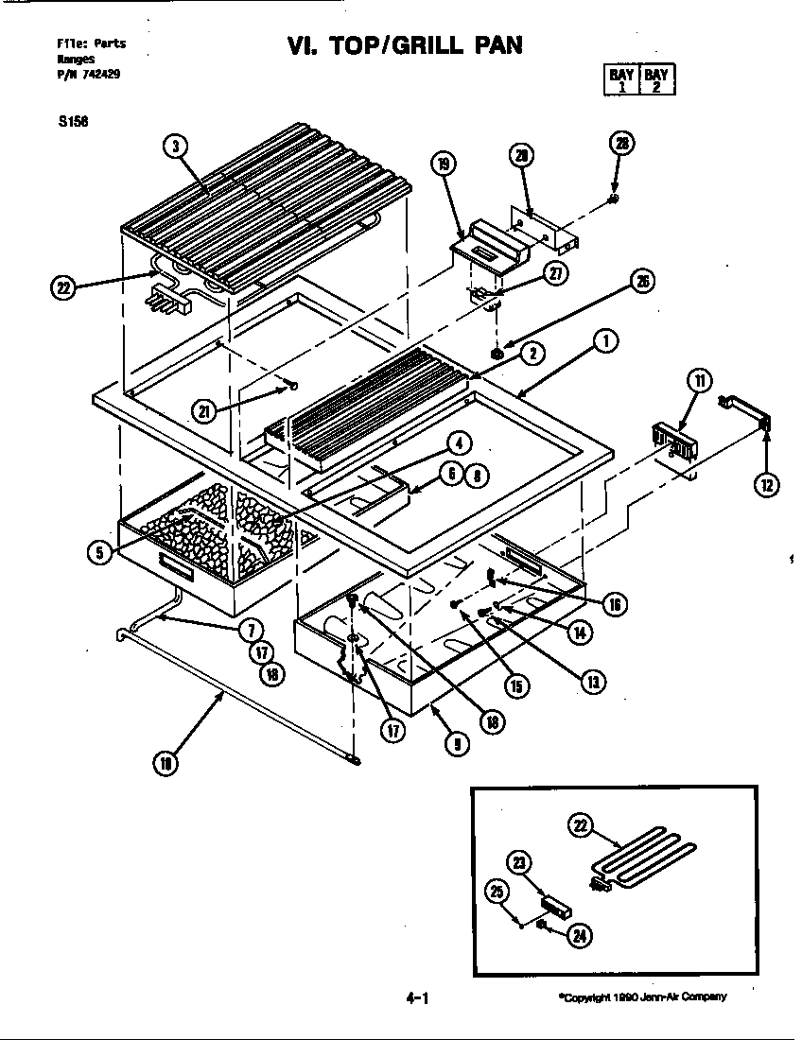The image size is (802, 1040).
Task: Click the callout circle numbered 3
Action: tap(176, 146)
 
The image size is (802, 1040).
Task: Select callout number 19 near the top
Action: tap(443, 163)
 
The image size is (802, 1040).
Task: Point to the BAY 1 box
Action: tap(621, 79)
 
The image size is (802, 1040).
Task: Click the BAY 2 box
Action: tap(656, 79)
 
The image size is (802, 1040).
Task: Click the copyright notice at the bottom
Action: tap(642, 996)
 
